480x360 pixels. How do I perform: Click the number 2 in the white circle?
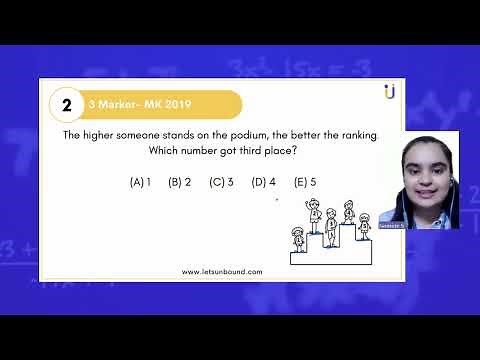point(66,104)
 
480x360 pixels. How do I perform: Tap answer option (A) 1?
point(140,182)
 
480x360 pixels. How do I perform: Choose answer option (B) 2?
point(180,182)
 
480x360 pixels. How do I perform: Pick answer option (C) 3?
point(221,182)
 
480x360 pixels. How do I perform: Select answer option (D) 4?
point(264,182)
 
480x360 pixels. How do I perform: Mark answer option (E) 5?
point(305,182)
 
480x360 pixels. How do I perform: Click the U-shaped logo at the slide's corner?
point(389,92)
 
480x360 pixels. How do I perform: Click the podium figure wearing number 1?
point(297,240)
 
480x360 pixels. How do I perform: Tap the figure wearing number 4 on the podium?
point(349,212)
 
